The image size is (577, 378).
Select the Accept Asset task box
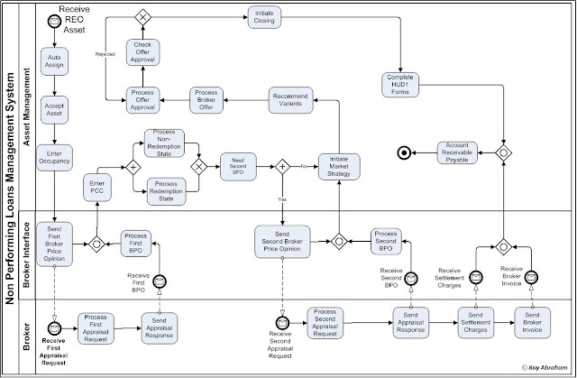tap(55, 111)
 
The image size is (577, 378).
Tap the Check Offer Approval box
tap(142, 51)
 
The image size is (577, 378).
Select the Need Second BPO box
tap(239, 166)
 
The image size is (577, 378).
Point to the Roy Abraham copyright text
tap(545, 369)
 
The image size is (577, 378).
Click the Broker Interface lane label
tap(27, 252)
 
